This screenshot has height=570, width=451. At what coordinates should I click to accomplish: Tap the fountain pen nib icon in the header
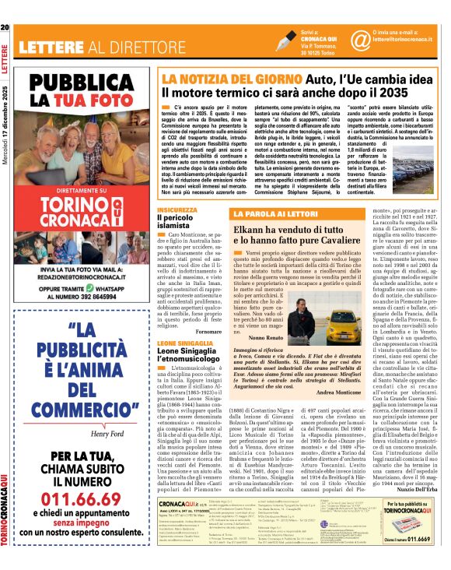(286, 40)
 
